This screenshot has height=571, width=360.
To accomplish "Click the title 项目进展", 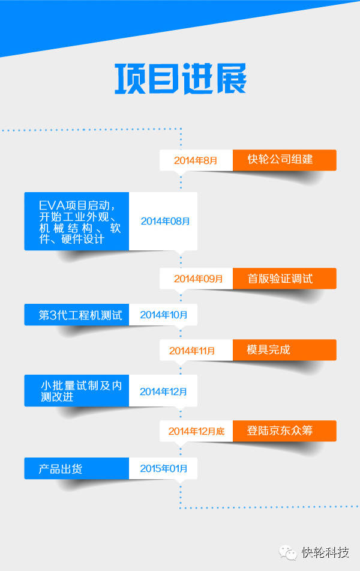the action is (180, 79).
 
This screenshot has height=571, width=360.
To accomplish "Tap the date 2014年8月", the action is (196, 160).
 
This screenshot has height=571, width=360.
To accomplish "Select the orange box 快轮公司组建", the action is (284, 160).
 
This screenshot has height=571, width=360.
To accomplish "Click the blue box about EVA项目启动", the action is (77, 221).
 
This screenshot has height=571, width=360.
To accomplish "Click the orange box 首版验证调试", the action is (284, 279).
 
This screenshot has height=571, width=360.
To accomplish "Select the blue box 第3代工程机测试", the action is (77, 315).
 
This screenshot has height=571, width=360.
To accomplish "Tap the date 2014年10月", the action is (163, 315).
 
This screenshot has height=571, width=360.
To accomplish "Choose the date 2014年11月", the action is (192, 351).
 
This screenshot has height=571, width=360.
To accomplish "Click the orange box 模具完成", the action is (284, 349).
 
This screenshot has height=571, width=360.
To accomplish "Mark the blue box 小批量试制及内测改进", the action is (77, 391).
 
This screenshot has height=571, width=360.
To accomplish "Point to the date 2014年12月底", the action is (196, 431).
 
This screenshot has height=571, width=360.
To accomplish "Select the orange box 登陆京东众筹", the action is (284, 431).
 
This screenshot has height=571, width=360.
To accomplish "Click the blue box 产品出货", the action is (77, 468).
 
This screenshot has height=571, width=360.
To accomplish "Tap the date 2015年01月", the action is (164, 468).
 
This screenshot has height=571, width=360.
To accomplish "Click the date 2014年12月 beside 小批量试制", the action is (163, 391).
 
